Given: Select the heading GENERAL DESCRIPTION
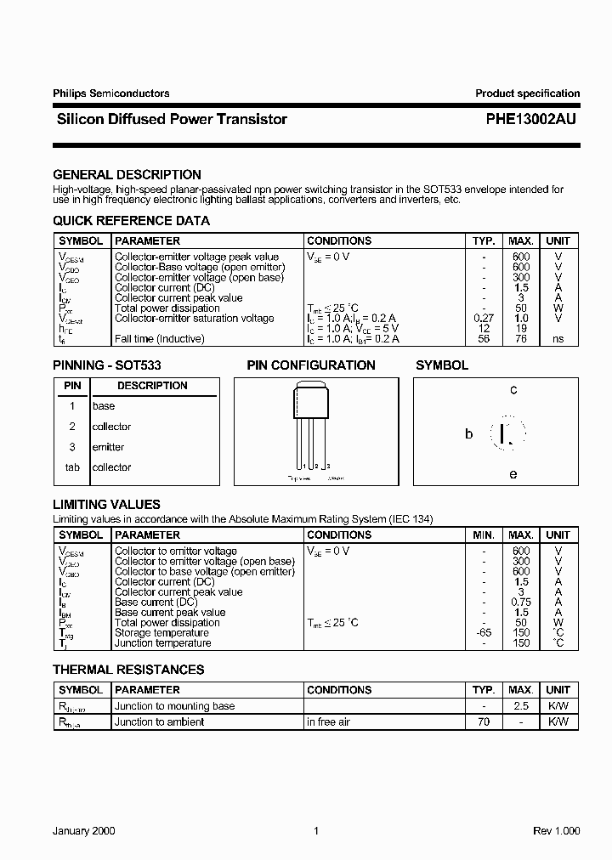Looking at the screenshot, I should (x=127, y=175).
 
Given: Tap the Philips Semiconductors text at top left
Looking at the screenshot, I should (x=110, y=93).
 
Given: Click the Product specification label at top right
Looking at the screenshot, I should (x=527, y=93).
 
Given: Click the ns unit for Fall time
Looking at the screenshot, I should (x=558, y=339).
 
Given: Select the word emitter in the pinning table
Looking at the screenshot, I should (x=108, y=447).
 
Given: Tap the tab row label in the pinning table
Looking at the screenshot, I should (x=72, y=467).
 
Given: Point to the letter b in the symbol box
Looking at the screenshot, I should (x=468, y=434).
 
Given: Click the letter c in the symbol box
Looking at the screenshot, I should (x=513, y=390).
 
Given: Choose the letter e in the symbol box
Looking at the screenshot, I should (x=513, y=474).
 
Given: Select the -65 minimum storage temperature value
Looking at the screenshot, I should (x=483, y=633).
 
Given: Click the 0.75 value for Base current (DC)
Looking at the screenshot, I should (x=521, y=603).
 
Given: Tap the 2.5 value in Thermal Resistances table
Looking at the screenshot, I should (x=521, y=706).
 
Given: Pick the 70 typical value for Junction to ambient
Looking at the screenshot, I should (x=483, y=722).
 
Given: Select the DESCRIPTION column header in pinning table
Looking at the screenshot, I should (x=152, y=386).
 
